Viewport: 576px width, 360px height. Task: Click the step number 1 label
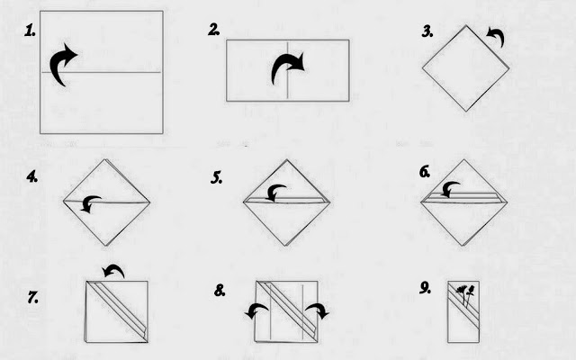tap(30, 31)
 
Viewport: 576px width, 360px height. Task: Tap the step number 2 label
tap(213, 30)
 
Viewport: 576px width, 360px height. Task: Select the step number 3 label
tap(427, 31)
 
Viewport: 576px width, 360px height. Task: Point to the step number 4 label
tap(32, 176)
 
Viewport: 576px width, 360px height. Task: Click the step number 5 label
tap(216, 178)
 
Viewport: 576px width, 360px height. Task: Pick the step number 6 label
tap(425, 172)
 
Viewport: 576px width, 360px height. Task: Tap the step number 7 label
tap(32, 297)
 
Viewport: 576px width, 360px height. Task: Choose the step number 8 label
tap(220, 291)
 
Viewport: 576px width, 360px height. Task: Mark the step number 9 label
tap(425, 288)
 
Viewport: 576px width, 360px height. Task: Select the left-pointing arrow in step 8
tap(256, 310)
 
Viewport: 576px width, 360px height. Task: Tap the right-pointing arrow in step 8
tap(318, 310)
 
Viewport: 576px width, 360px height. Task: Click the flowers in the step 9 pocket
tap(465, 295)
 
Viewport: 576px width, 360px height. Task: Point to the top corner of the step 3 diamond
tap(466, 25)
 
